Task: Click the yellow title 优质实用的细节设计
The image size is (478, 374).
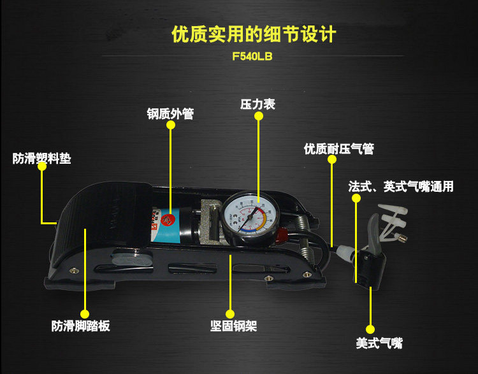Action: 253,33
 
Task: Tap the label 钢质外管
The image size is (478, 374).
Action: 170,115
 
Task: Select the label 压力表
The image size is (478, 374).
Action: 257,104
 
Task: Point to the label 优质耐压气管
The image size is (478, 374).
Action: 338,149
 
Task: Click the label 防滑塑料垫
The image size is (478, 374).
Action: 42,158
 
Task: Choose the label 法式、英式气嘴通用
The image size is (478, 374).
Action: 401,187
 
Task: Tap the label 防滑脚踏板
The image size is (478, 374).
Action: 81,326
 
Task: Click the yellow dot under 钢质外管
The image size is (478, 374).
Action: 170,126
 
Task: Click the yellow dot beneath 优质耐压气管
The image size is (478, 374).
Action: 331,161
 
